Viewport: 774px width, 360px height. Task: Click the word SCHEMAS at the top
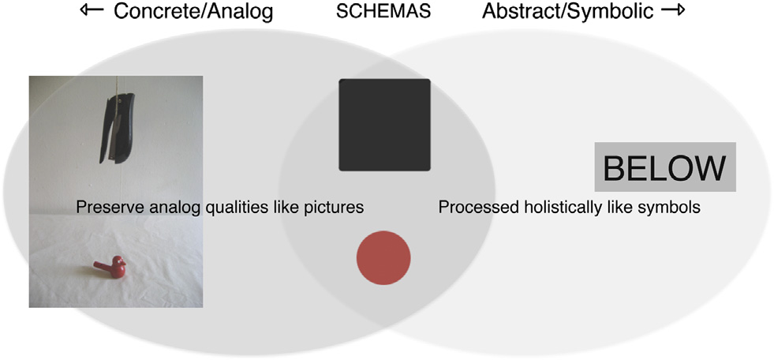383,12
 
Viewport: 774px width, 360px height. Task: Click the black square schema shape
384,125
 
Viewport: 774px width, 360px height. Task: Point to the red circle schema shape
383,258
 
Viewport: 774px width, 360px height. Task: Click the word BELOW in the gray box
665,168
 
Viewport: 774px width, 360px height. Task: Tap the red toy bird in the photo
110,267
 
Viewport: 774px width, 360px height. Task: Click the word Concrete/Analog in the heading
193,12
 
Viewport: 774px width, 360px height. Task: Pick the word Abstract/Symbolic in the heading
568,12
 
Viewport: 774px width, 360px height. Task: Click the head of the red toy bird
118,261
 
